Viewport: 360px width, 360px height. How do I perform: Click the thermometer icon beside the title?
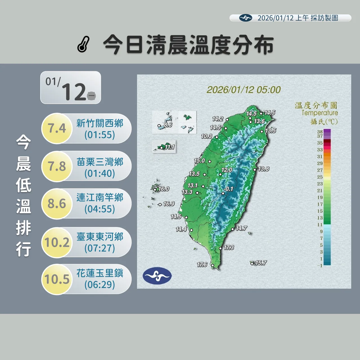click(x=84, y=44)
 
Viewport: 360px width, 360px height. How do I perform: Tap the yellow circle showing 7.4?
click(x=57, y=128)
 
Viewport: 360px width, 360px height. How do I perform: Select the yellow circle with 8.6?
click(x=57, y=204)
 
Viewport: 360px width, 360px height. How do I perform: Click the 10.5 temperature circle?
click(x=57, y=279)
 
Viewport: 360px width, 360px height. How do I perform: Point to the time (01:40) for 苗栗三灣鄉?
click(x=100, y=174)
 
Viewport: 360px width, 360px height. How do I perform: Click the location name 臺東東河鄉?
click(x=100, y=237)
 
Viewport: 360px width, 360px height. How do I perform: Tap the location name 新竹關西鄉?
click(x=100, y=123)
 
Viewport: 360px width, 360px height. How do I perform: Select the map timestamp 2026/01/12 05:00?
click(x=244, y=90)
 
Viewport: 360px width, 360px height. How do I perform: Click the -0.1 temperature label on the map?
click(x=229, y=189)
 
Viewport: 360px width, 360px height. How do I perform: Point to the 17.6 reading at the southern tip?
click(x=202, y=265)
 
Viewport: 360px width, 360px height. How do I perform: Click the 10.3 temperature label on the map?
click(x=206, y=136)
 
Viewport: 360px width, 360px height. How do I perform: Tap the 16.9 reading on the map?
click(x=169, y=204)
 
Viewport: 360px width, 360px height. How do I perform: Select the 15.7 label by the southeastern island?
click(x=261, y=263)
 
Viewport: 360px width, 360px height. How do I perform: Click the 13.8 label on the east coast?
click(x=264, y=169)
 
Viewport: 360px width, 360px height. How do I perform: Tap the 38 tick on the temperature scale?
click(x=320, y=132)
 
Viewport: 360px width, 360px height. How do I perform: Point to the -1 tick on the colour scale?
click(x=320, y=265)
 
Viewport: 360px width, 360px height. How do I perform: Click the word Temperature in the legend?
click(x=320, y=113)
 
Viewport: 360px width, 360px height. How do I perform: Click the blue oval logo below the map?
click(x=157, y=276)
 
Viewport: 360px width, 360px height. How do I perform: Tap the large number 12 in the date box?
click(x=73, y=92)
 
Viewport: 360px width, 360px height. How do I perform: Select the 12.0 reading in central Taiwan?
click(x=227, y=170)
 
